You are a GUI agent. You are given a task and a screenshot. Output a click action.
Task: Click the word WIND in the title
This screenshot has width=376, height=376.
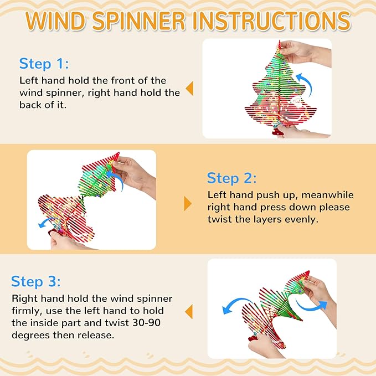pyautogui.click(x=55, y=21)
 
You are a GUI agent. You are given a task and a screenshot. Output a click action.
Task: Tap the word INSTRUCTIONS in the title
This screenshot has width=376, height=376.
pyautogui.click(x=272, y=21)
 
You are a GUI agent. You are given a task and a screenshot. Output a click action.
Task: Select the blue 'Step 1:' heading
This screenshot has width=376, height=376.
pyautogui.click(x=44, y=64)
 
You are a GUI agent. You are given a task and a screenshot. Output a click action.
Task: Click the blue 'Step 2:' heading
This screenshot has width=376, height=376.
pyautogui.click(x=231, y=178)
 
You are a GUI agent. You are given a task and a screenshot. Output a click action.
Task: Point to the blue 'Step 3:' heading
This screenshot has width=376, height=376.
pyautogui.click(x=36, y=281)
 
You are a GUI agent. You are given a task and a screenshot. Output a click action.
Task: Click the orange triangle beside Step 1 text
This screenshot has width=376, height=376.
pyautogui.click(x=189, y=89)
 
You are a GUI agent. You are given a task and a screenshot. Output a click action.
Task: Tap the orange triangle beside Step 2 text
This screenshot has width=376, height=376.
pyautogui.click(x=188, y=204)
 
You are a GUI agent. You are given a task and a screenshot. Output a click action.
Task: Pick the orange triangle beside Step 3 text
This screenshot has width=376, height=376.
pyautogui.click(x=189, y=312)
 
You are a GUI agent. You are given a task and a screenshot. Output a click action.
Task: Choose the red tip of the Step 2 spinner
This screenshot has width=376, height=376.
pyautogui.click(x=116, y=156)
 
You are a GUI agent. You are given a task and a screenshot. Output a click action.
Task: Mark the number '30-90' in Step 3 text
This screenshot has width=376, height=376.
pyautogui.click(x=147, y=323)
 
